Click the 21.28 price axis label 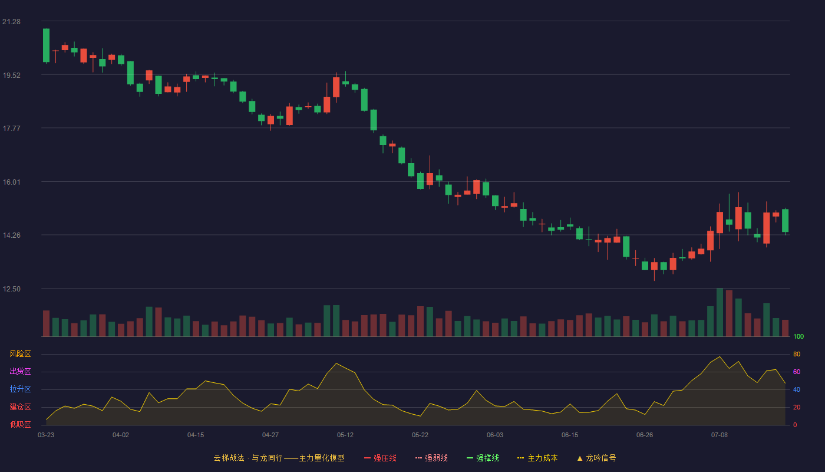tap(11, 22)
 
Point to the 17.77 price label tap(11, 129)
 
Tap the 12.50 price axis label tap(11, 289)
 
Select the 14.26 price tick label tap(11, 235)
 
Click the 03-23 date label tap(46, 435)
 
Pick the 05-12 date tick tap(345, 435)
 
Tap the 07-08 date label tap(720, 435)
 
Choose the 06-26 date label tap(645, 435)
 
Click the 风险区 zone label tap(20, 354)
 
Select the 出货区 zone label tap(20, 371)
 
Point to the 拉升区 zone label tap(20, 389)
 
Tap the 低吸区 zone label tap(20, 424)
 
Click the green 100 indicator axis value tap(798, 336)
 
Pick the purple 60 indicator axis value tap(797, 372)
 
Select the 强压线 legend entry tap(380, 458)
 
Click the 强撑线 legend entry tap(483, 458)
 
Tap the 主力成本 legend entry tap(537, 458)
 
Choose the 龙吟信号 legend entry tap(596, 458)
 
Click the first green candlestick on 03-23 tap(46, 45)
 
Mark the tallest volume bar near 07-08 tap(720, 312)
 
